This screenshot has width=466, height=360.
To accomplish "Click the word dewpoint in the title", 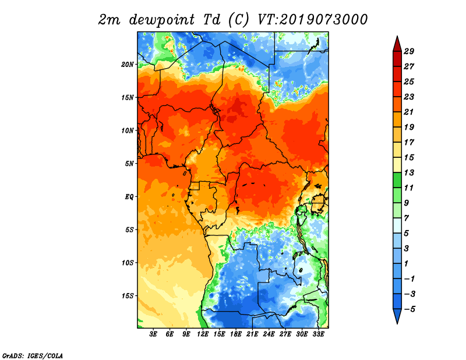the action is pos(162,20).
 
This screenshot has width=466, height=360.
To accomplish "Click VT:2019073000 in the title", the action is pos(313,20).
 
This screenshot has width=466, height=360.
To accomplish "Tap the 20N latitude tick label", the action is pos(128,65).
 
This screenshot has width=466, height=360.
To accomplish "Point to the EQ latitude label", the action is pos(129,197).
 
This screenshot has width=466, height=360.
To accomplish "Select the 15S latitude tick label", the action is pos(128,296).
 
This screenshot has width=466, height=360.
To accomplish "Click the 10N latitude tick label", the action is pos(128,130).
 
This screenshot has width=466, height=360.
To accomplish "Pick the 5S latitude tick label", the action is pos(129,230).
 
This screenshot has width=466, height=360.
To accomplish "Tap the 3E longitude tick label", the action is pos(153,334).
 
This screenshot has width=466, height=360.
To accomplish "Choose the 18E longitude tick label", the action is pos(236,334).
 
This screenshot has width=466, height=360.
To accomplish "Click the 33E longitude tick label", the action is pos(319,334).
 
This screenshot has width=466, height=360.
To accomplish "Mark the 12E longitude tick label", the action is pos(203,334).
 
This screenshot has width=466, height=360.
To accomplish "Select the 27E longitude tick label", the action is pos(285,334).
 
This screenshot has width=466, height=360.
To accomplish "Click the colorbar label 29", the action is pos(409,51).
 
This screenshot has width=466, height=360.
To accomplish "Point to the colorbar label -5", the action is pos(409,309).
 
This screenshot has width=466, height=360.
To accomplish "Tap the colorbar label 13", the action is pos(409,172).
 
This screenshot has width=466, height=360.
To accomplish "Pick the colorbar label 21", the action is pos(409,112).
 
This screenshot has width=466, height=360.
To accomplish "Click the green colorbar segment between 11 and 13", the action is pos(397,180).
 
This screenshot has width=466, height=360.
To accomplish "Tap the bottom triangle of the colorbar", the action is pos(397,315).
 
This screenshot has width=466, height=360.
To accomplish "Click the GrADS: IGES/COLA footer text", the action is pos(33,356).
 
